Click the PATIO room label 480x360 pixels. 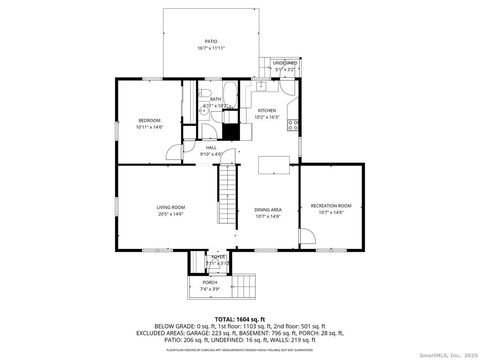click(211, 41)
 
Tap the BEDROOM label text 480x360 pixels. click(150, 120)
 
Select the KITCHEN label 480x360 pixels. click(267, 110)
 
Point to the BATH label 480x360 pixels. click(215, 99)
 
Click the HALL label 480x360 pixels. click(211, 147)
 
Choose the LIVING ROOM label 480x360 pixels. click(171, 207)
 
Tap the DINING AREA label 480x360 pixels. click(268, 207)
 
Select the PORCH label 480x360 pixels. click(210, 282)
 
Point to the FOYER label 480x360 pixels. click(217, 257)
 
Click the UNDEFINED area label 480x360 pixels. click(285, 62)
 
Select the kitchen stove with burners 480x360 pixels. click(293, 124)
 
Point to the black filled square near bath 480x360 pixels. click(231, 130)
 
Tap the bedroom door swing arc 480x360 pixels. click(175, 152)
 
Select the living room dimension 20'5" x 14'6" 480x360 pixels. click(171, 214)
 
